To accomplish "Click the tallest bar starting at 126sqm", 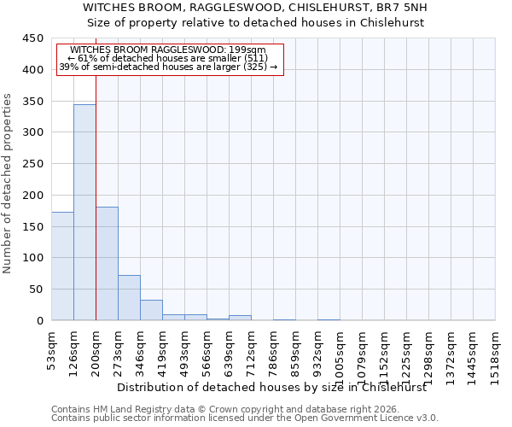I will click(84, 212).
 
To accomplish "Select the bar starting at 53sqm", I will click(62, 266).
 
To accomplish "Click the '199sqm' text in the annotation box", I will click(249, 50).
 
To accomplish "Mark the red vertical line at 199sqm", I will click(96, 213).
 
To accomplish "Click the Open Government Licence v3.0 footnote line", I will click(245, 418).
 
